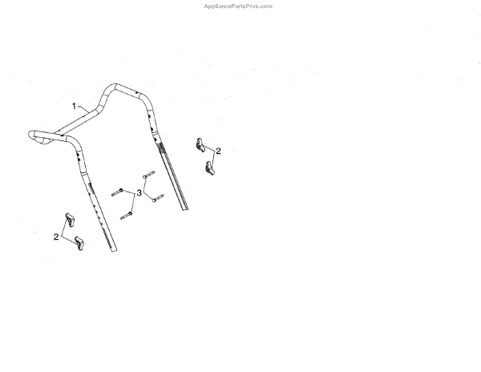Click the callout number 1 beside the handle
click(74, 105)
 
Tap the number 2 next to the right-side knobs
click(218, 151)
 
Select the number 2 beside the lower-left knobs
click(56, 237)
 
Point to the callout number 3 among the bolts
click(139, 193)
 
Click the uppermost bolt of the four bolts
click(147, 174)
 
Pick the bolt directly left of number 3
click(118, 191)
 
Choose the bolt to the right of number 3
click(157, 197)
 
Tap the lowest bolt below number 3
click(127, 215)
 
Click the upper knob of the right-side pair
click(200, 145)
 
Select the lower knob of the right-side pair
click(212, 168)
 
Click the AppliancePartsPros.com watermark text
click(239, 6)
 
